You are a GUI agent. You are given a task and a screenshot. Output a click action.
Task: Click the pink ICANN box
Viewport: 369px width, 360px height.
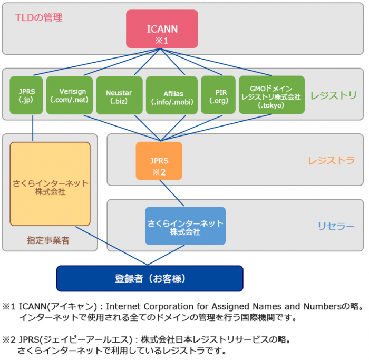tap(162, 28)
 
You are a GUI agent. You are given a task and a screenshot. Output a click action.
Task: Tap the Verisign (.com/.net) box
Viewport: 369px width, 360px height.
tap(69, 95)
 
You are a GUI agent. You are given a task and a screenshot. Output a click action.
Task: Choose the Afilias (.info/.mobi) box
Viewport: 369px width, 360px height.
tap(171, 95)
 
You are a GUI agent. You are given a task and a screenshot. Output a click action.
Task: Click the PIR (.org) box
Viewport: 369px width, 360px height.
tap(218, 95)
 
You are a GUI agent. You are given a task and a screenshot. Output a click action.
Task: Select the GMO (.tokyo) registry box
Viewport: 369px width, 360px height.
tap(271, 95)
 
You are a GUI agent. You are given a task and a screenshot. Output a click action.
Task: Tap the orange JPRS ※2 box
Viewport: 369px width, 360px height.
tap(159, 161)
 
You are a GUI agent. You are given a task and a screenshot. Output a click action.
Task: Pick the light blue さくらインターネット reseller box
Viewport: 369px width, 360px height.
tap(185, 226)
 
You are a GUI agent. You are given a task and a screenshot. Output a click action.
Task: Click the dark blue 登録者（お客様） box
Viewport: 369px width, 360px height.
tap(150, 278)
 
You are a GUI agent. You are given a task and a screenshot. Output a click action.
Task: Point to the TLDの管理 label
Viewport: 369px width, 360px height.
tap(39, 18)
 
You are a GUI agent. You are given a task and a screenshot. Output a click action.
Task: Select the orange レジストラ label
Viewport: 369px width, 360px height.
tap(332, 161)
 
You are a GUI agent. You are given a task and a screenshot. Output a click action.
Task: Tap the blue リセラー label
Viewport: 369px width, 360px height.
tap(336, 226)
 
